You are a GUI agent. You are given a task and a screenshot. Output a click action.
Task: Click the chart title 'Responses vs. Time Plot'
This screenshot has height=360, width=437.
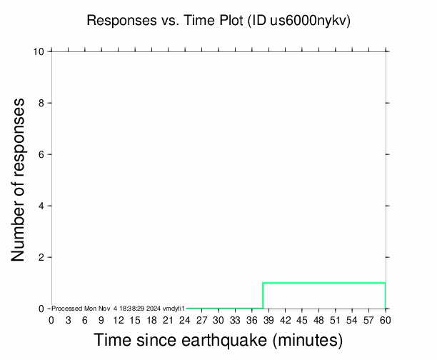(165, 21)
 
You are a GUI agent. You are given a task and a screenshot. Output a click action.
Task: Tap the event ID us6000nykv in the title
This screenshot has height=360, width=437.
(309, 21)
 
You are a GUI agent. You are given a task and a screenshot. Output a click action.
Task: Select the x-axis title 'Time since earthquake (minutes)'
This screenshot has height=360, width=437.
(218, 341)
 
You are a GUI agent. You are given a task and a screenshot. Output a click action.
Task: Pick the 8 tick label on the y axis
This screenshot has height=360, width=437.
(42, 103)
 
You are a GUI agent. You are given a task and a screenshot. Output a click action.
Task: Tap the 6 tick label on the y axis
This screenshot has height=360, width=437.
(42, 154)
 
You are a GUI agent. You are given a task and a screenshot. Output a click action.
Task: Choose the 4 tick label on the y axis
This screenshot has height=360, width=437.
(42, 206)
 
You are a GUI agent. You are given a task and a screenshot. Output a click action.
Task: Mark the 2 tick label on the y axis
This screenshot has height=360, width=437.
(42, 257)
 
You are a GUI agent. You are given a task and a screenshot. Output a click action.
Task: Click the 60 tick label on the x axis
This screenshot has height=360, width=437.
(386, 320)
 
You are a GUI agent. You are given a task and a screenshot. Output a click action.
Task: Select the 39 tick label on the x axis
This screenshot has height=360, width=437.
(268, 320)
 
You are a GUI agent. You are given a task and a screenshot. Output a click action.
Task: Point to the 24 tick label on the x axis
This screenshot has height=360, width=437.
(185, 320)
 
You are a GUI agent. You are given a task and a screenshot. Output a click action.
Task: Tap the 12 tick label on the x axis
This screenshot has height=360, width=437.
(118, 320)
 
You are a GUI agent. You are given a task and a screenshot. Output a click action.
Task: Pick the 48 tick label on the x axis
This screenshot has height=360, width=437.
(318, 320)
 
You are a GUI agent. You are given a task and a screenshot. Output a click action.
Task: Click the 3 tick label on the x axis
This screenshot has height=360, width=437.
(68, 320)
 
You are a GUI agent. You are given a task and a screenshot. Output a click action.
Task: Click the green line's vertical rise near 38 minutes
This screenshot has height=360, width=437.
(263, 296)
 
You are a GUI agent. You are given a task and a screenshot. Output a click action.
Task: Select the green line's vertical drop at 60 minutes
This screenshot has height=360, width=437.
(386, 296)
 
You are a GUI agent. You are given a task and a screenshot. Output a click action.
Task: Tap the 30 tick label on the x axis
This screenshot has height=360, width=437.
(218, 320)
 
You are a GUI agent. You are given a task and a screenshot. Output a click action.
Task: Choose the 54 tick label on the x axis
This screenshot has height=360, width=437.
(352, 320)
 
